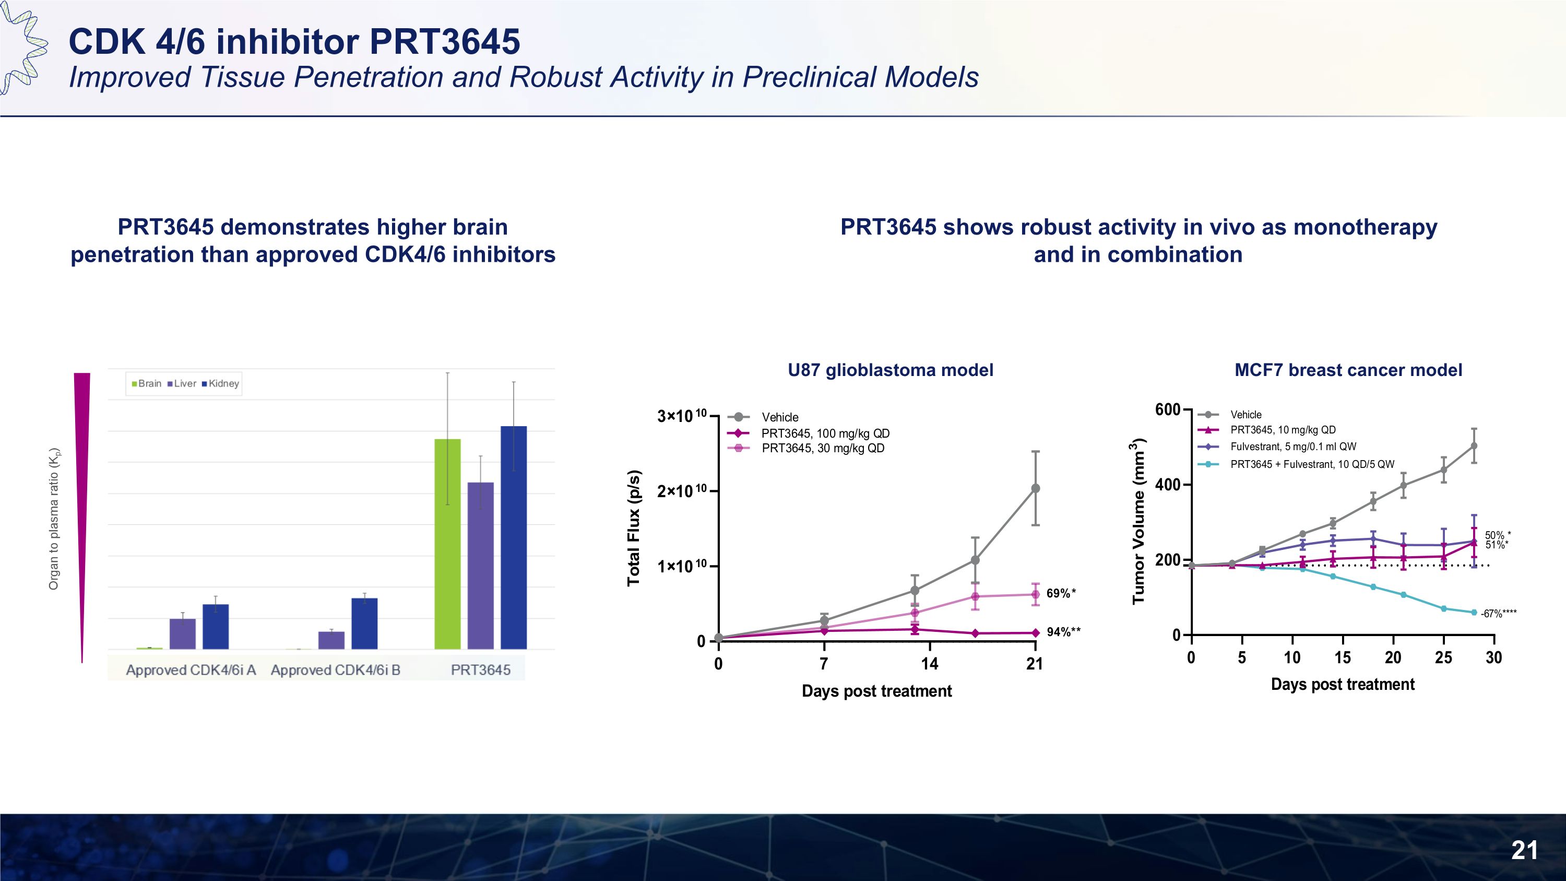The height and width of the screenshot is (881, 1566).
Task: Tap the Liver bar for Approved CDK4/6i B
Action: click(x=331, y=640)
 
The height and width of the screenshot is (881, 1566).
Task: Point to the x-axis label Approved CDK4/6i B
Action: click(x=336, y=670)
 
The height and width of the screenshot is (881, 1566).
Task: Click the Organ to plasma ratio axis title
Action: click(x=54, y=519)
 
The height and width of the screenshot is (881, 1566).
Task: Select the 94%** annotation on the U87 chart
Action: click(x=1063, y=632)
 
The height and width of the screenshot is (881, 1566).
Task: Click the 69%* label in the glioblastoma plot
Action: click(x=1061, y=593)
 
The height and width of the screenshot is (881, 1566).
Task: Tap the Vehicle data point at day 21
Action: click(x=1035, y=488)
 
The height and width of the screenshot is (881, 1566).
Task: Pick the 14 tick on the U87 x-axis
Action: click(x=929, y=663)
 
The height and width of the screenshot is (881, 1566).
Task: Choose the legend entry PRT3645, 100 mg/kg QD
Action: click(x=825, y=433)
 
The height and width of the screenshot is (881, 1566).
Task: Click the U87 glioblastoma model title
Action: click(x=890, y=370)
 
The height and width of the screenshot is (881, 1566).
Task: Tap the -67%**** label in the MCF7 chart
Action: click(x=1498, y=614)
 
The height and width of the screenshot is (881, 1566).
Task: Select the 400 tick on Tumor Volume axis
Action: click(x=1167, y=485)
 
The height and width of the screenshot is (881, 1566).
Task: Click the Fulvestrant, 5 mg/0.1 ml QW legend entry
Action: click(x=1293, y=447)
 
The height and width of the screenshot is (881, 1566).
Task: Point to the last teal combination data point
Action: click(x=1474, y=612)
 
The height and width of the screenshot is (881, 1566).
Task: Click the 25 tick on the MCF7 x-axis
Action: click(x=1443, y=657)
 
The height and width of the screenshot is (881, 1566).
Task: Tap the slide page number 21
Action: click(x=1524, y=850)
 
